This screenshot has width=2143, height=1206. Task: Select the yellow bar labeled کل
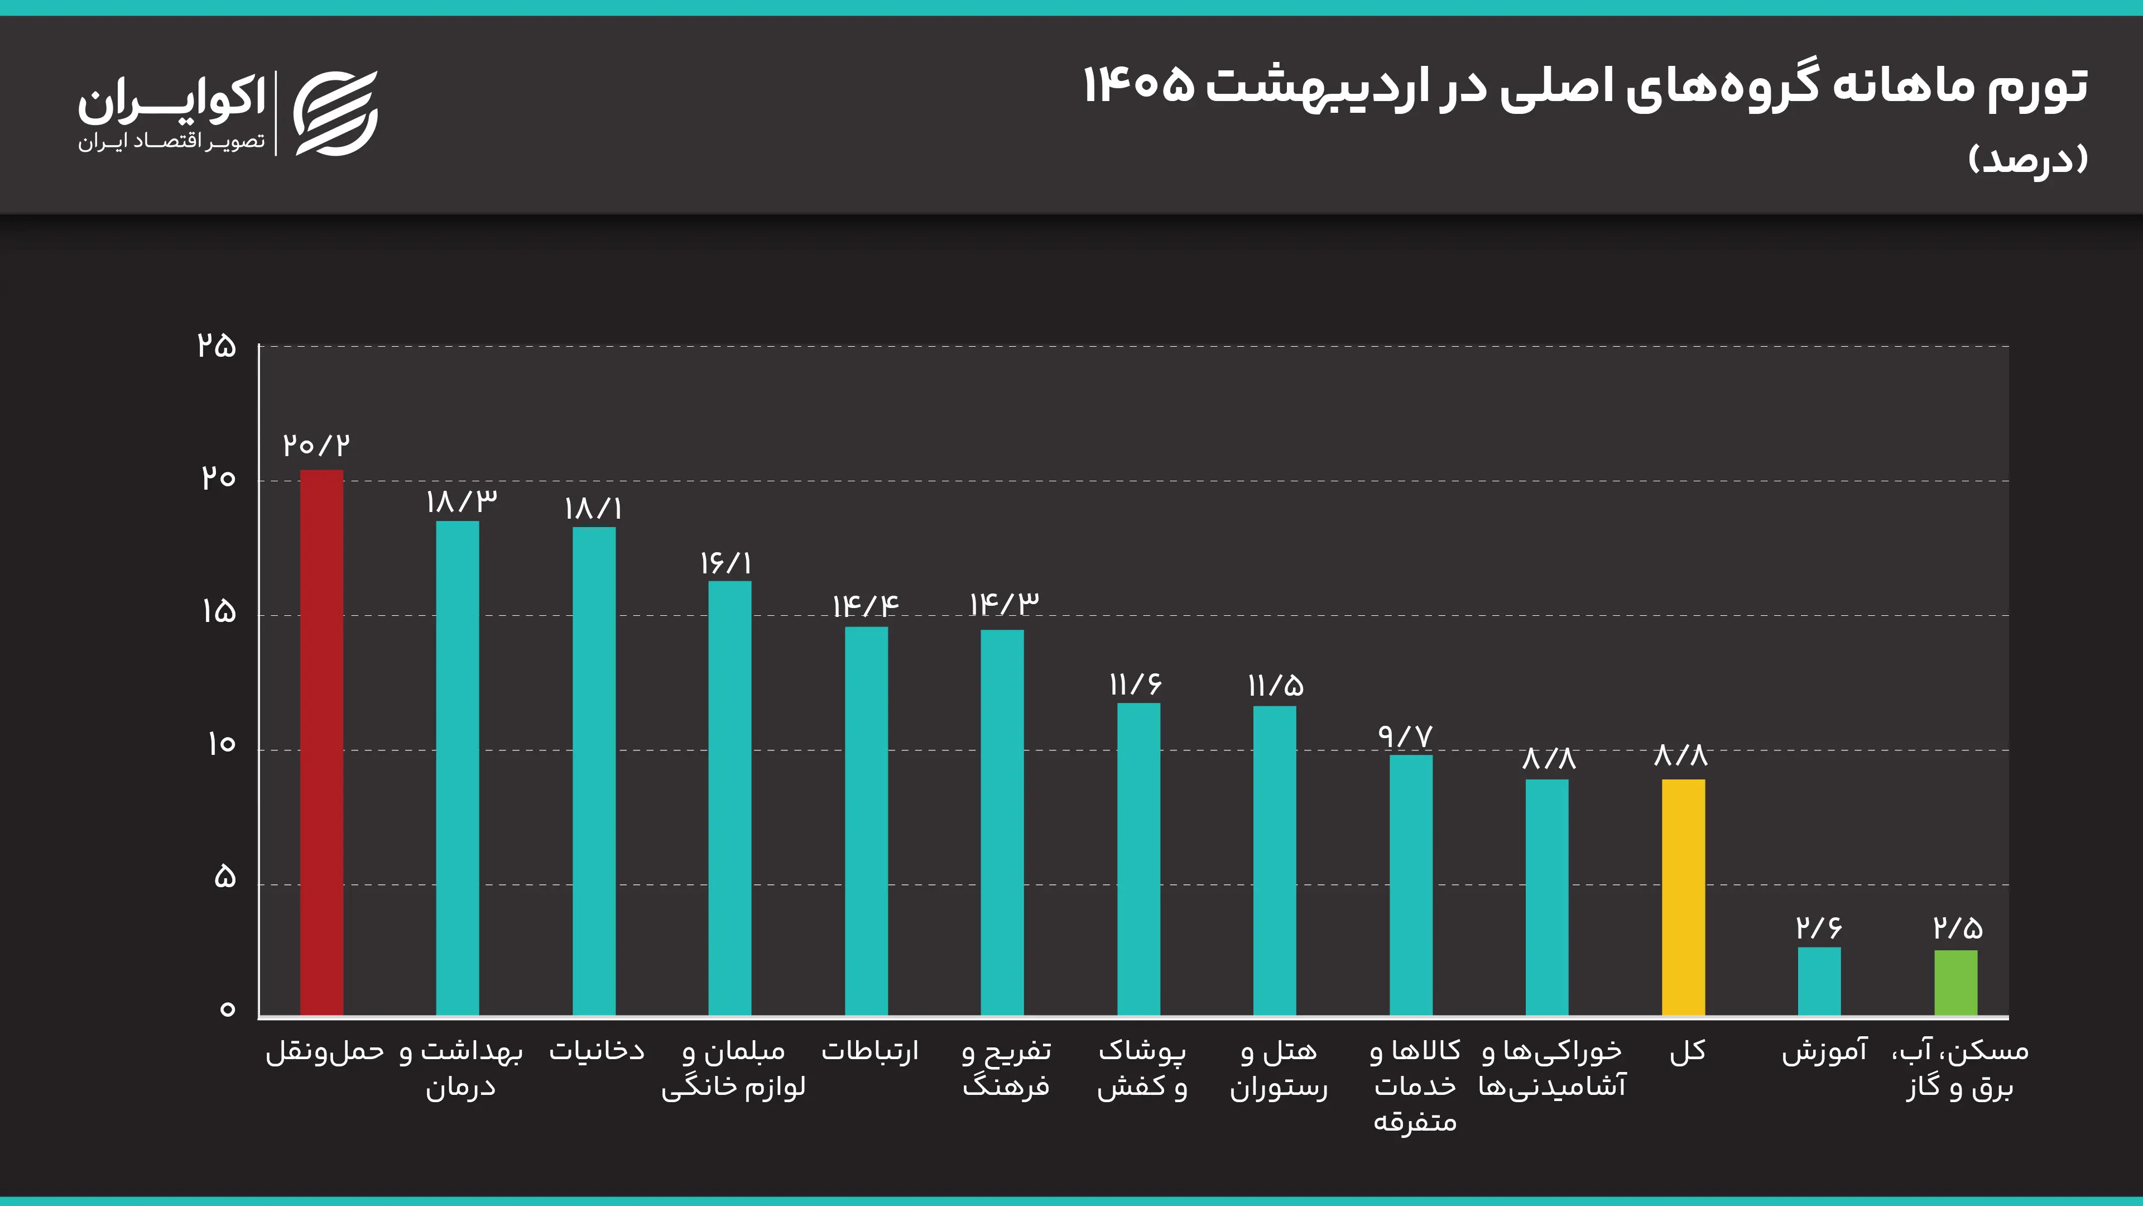point(1683,897)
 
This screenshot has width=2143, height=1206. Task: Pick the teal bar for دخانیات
point(594,770)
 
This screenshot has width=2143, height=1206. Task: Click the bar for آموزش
point(1819,982)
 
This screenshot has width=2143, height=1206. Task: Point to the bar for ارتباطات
point(866,821)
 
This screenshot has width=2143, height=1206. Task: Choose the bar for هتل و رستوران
point(1275,860)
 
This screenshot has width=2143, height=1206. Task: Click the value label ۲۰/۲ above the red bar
point(316,446)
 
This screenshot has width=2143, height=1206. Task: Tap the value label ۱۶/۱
point(726,563)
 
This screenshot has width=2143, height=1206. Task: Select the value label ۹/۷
point(1405,736)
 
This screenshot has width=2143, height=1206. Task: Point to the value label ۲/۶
point(1819,927)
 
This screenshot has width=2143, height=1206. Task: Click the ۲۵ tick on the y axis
point(217,346)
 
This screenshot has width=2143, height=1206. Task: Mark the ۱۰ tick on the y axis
point(222,744)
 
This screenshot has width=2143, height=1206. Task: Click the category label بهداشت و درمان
point(461,1069)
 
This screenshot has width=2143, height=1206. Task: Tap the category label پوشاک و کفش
point(1141,1069)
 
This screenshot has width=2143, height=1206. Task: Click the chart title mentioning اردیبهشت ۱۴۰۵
point(1585,87)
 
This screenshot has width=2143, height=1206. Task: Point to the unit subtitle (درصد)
point(2028,158)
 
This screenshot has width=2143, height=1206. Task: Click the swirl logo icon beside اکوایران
point(336,113)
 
